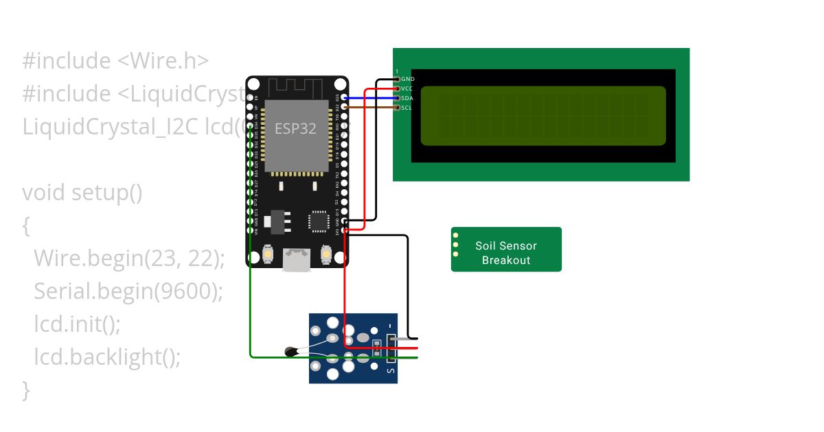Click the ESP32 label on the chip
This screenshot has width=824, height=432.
(x=296, y=128)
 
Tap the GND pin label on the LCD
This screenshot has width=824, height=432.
(x=408, y=79)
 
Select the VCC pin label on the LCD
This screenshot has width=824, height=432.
(x=407, y=88)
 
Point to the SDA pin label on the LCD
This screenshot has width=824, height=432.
(x=407, y=98)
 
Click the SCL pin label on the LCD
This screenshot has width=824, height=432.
(x=407, y=108)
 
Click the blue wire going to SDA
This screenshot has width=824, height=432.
(x=371, y=98)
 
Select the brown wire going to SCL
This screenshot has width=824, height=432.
(x=371, y=107)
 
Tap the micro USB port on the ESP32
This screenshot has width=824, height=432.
(x=296, y=259)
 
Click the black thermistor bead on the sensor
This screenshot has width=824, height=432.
(x=292, y=352)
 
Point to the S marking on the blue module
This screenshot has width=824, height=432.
(x=391, y=371)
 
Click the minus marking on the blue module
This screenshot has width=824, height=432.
(x=391, y=325)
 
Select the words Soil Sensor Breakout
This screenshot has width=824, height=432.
(x=506, y=252)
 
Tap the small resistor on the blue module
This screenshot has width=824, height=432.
(x=376, y=344)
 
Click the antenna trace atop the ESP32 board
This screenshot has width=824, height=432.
(x=296, y=87)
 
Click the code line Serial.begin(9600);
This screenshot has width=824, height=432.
(x=128, y=291)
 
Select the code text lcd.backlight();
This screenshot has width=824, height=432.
(x=107, y=357)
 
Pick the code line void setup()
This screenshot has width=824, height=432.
(x=82, y=193)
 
